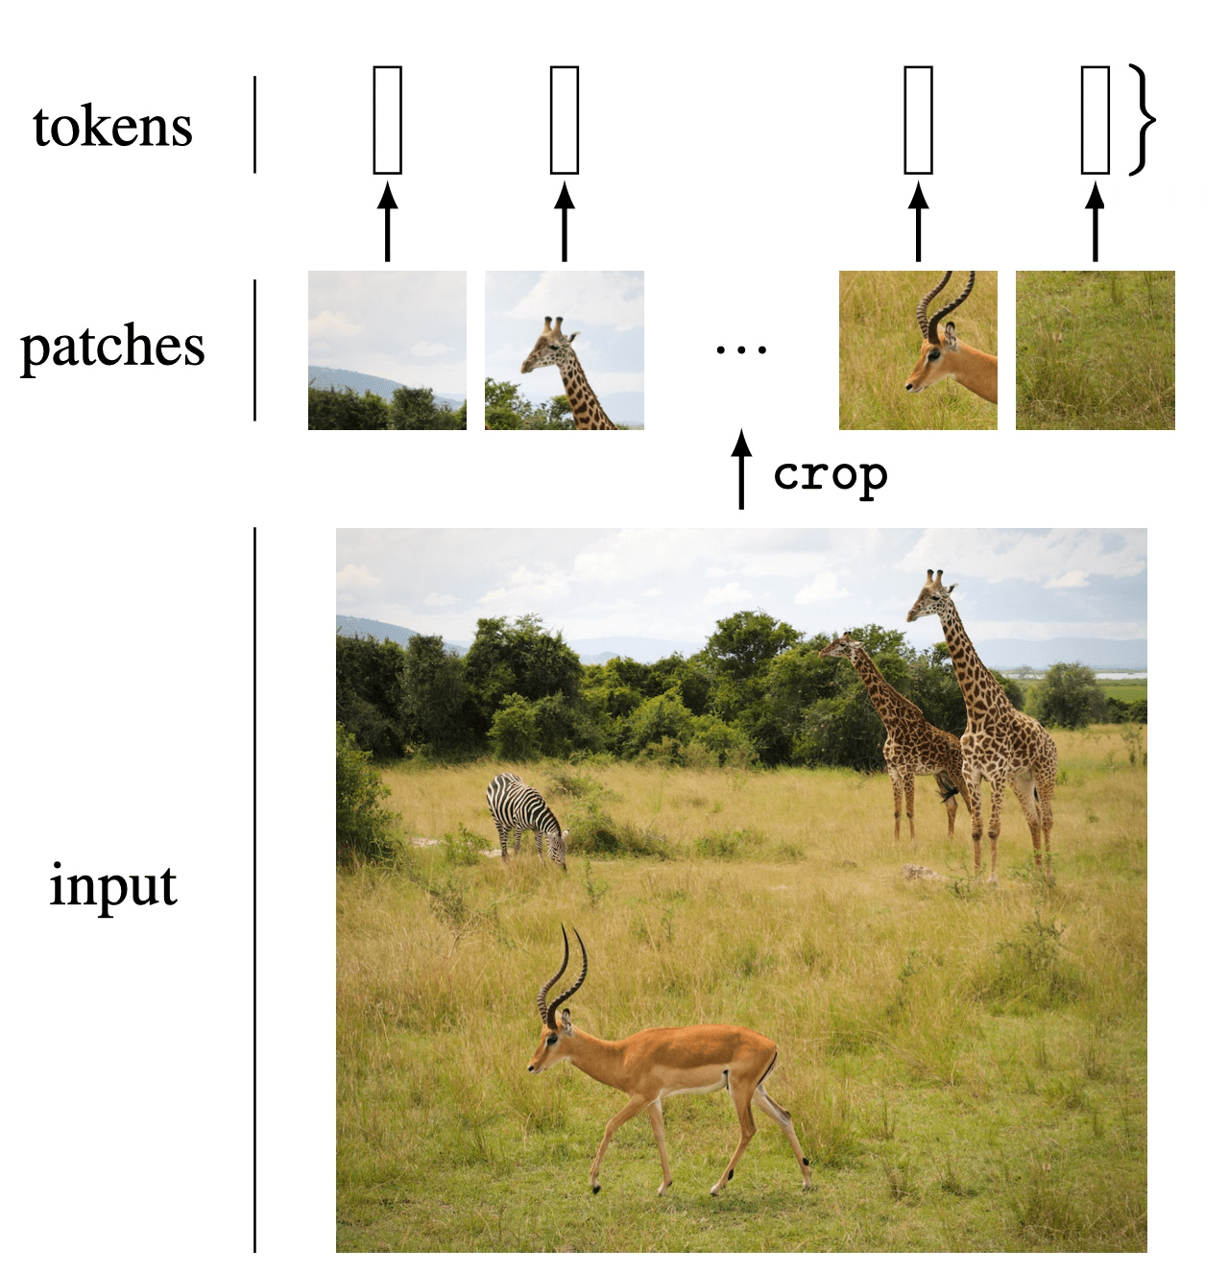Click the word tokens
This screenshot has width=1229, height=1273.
pyautogui.click(x=112, y=128)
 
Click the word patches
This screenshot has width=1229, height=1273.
pyautogui.click(x=112, y=348)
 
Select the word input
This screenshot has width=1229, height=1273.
pyautogui.click(x=113, y=886)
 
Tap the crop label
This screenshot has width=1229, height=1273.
pyautogui.click(x=831, y=475)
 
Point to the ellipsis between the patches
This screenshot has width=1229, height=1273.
pyautogui.click(x=740, y=350)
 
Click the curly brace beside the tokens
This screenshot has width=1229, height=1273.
pyautogui.click(x=1141, y=120)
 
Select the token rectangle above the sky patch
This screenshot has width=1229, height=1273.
pyautogui.click(x=387, y=120)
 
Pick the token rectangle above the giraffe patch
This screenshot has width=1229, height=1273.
pyautogui.click(x=565, y=120)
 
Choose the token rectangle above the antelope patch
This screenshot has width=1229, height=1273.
pyautogui.click(x=918, y=120)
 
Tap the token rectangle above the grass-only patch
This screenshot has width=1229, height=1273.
pyautogui.click(x=1096, y=120)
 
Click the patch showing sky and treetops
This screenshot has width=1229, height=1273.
pyautogui.click(x=387, y=350)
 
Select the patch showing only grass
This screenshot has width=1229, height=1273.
pyautogui.click(x=1096, y=350)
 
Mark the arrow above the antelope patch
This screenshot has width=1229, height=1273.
pyautogui.click(x=918, y=222)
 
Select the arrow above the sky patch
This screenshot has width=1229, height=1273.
pyautogui.click(x=387, y=222)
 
